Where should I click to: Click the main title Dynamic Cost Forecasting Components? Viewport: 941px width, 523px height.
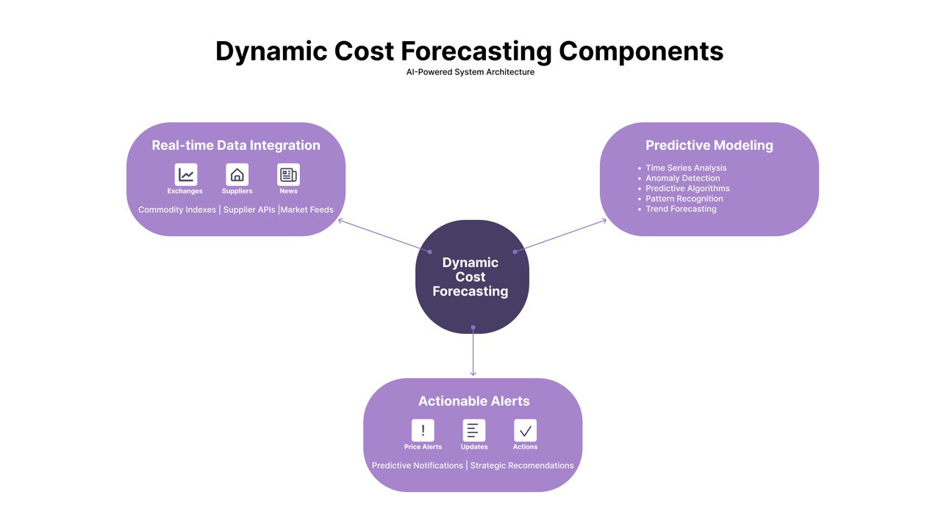point(469,51)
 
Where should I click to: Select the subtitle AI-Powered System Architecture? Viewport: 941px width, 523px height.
point(470,72)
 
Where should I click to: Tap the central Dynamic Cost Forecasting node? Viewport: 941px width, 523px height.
point(470,277)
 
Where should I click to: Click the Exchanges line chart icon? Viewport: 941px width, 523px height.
point(186,174)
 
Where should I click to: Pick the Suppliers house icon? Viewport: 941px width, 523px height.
point(237,174)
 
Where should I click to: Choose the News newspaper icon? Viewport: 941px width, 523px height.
point(288,174)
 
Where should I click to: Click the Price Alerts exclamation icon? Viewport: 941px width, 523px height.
point(423,430)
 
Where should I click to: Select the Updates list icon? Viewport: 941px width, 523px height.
point(473,430)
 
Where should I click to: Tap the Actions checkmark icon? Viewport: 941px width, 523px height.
point(525,430)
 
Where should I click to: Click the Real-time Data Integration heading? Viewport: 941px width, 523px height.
point(236,146)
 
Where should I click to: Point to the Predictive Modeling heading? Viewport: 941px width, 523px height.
point(709,146)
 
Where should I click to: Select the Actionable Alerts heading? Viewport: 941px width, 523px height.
point(473,401)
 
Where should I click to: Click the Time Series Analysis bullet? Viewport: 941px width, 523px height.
point(685,168)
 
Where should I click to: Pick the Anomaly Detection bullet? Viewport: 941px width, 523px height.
point(682,178)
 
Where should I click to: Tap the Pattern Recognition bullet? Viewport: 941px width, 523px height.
point(684,199)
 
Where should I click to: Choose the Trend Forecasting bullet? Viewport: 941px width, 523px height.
point(680,209)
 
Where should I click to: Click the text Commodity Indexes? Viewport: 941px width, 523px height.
point(177,210)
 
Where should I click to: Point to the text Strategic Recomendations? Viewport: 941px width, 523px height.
point(522,466)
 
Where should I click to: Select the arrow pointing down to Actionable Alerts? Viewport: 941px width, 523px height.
point(473,353)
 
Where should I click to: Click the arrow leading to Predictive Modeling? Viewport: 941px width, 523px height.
point(560,235)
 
